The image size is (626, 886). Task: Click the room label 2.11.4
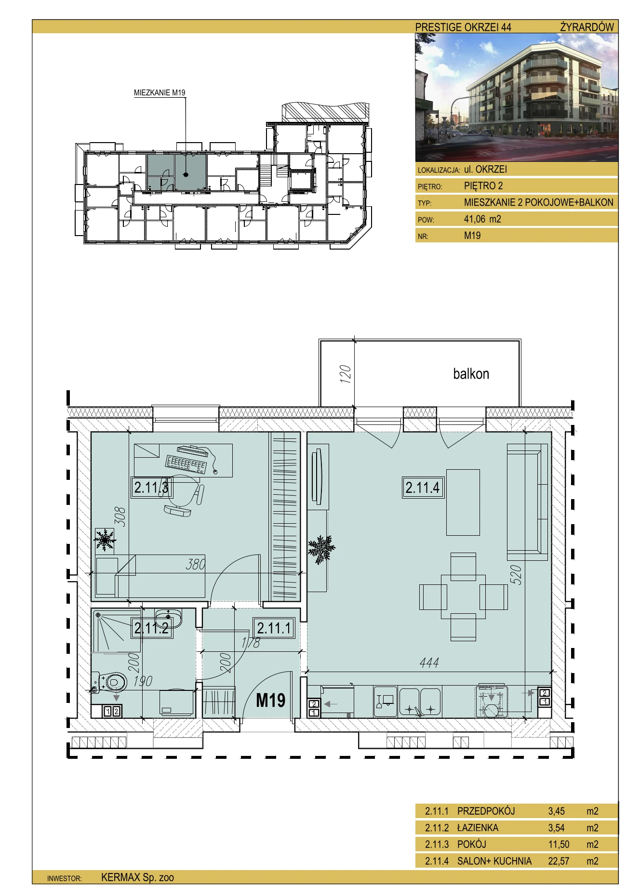423,487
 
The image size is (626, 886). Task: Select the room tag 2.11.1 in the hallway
274,628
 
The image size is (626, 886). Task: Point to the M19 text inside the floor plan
270,700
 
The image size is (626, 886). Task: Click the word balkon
471,374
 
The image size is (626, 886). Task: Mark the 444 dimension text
429,663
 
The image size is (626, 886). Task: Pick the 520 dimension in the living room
516,575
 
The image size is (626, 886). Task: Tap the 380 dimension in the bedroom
196,564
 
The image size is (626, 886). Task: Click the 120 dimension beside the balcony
345,374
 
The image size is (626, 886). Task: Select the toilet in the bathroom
111,682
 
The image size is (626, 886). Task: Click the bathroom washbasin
168,618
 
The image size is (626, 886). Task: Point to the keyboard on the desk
186,464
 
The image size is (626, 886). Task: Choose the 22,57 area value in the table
559,861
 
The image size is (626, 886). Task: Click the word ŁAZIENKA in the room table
478,828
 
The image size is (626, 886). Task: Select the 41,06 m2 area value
482,219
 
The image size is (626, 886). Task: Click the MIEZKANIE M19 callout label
160,93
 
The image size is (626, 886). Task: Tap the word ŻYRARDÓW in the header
587,27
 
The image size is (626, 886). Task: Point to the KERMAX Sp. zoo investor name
137,878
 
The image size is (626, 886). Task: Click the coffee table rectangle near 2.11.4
463,503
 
